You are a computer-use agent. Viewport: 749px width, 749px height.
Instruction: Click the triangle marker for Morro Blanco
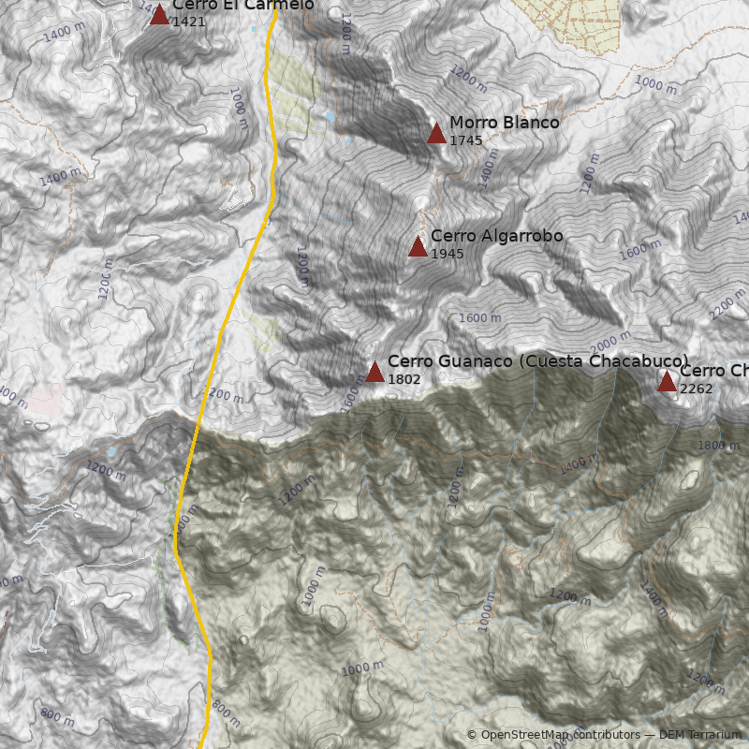click(436, 133)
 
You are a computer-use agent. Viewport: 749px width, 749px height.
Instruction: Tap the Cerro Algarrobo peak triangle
click(418, 246)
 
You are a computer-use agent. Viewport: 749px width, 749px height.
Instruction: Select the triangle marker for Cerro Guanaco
click(374, 372)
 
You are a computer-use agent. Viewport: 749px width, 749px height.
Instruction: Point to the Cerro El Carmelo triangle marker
click(159, 14)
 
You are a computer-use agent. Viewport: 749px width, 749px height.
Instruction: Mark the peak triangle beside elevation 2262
click(667, 381)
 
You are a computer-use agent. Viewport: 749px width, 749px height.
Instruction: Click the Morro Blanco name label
click(504, 123)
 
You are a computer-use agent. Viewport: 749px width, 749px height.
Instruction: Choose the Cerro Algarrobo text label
click(496, 236)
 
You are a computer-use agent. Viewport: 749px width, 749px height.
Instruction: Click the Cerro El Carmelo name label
click(242, 6)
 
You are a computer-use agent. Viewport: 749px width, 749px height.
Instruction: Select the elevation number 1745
click(465, 140)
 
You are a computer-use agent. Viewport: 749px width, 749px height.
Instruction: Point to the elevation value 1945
click(447, 254)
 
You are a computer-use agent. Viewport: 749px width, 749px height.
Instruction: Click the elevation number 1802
click(404, 379)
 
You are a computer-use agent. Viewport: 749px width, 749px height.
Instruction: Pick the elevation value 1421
click(188, 21)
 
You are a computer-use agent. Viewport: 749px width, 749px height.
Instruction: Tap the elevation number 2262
click(696, 389)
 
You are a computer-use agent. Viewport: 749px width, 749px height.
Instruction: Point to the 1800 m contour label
click(718, 446)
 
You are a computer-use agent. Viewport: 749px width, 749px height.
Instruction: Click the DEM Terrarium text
click(699, 735)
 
